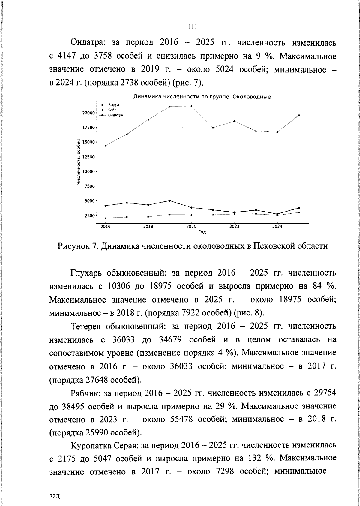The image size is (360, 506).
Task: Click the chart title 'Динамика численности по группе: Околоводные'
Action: click(202, 97)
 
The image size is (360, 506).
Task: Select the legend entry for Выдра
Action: click(114, 105)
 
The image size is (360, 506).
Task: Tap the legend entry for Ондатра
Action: click(115, 115)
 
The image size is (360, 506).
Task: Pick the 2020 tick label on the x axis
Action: click(191, 227)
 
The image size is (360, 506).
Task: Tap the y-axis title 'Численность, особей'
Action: click(79, 162)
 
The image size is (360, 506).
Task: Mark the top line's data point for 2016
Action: click(105, 146)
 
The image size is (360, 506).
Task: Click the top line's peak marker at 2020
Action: click(191, 106)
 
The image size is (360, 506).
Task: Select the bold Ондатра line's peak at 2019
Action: click(170, 200)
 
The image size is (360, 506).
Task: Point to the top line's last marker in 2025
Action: click(299, 115)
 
